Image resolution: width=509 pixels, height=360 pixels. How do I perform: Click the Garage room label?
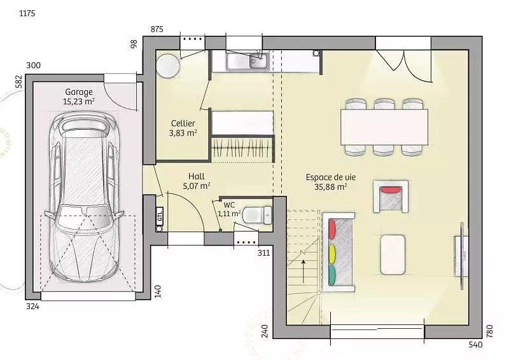(79, 92)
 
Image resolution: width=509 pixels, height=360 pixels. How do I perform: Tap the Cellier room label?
(183, 123)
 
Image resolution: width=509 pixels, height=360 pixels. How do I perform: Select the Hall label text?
(197, 176)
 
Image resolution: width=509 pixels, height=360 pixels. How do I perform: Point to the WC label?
(229, 205)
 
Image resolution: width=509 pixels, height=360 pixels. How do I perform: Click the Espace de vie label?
(331, 177)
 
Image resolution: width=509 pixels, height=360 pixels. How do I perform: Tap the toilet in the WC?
(257, 215)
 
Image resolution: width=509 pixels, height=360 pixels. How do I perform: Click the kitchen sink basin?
(248, 61)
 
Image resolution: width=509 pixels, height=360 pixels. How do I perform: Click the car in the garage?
(84, 197)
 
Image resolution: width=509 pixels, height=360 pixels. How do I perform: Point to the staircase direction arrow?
(303, 272)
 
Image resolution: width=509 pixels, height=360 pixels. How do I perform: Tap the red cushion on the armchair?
(391, 190)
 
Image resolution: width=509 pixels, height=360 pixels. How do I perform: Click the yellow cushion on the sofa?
(331, 254)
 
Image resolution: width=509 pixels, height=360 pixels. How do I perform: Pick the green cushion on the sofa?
(331, 275)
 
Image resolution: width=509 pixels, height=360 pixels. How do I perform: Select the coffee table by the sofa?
(393, 255)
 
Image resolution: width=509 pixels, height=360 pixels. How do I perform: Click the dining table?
(384, 127)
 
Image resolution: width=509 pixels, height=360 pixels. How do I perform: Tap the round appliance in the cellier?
(168, 66)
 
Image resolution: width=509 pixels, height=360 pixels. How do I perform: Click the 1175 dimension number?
(27, 13)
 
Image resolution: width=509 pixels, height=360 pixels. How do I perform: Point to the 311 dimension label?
(263, 253)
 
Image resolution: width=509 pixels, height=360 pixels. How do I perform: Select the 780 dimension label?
(490, 331)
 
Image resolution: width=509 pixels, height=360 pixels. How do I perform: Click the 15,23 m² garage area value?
(79, 102)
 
